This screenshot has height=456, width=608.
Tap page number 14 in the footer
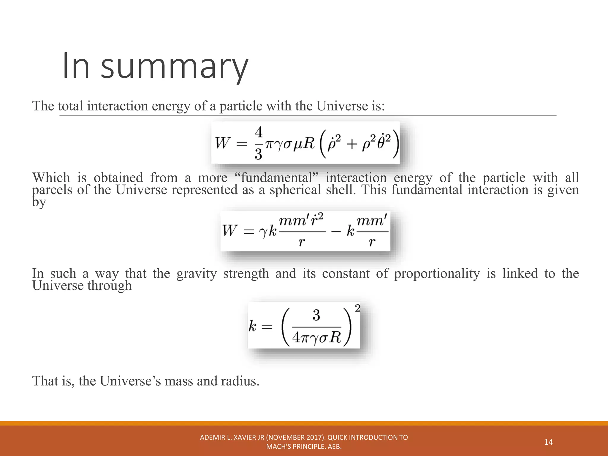click(548, 442)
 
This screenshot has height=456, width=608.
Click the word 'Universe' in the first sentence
click(342, 106)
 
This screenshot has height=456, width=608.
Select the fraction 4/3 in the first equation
click(259, 143)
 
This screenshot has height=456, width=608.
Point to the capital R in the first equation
click(308, 143)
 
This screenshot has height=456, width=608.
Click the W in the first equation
click(222, 143)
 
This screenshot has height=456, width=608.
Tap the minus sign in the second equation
click(336, 231)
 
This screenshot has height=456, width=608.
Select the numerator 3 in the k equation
click(316, 315)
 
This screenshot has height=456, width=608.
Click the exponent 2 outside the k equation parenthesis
click(357, 308)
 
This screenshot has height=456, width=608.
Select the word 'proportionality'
click(437, 273)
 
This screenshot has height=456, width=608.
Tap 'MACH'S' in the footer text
click(279, 446)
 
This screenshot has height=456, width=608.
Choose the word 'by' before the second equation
click(39, 202)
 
